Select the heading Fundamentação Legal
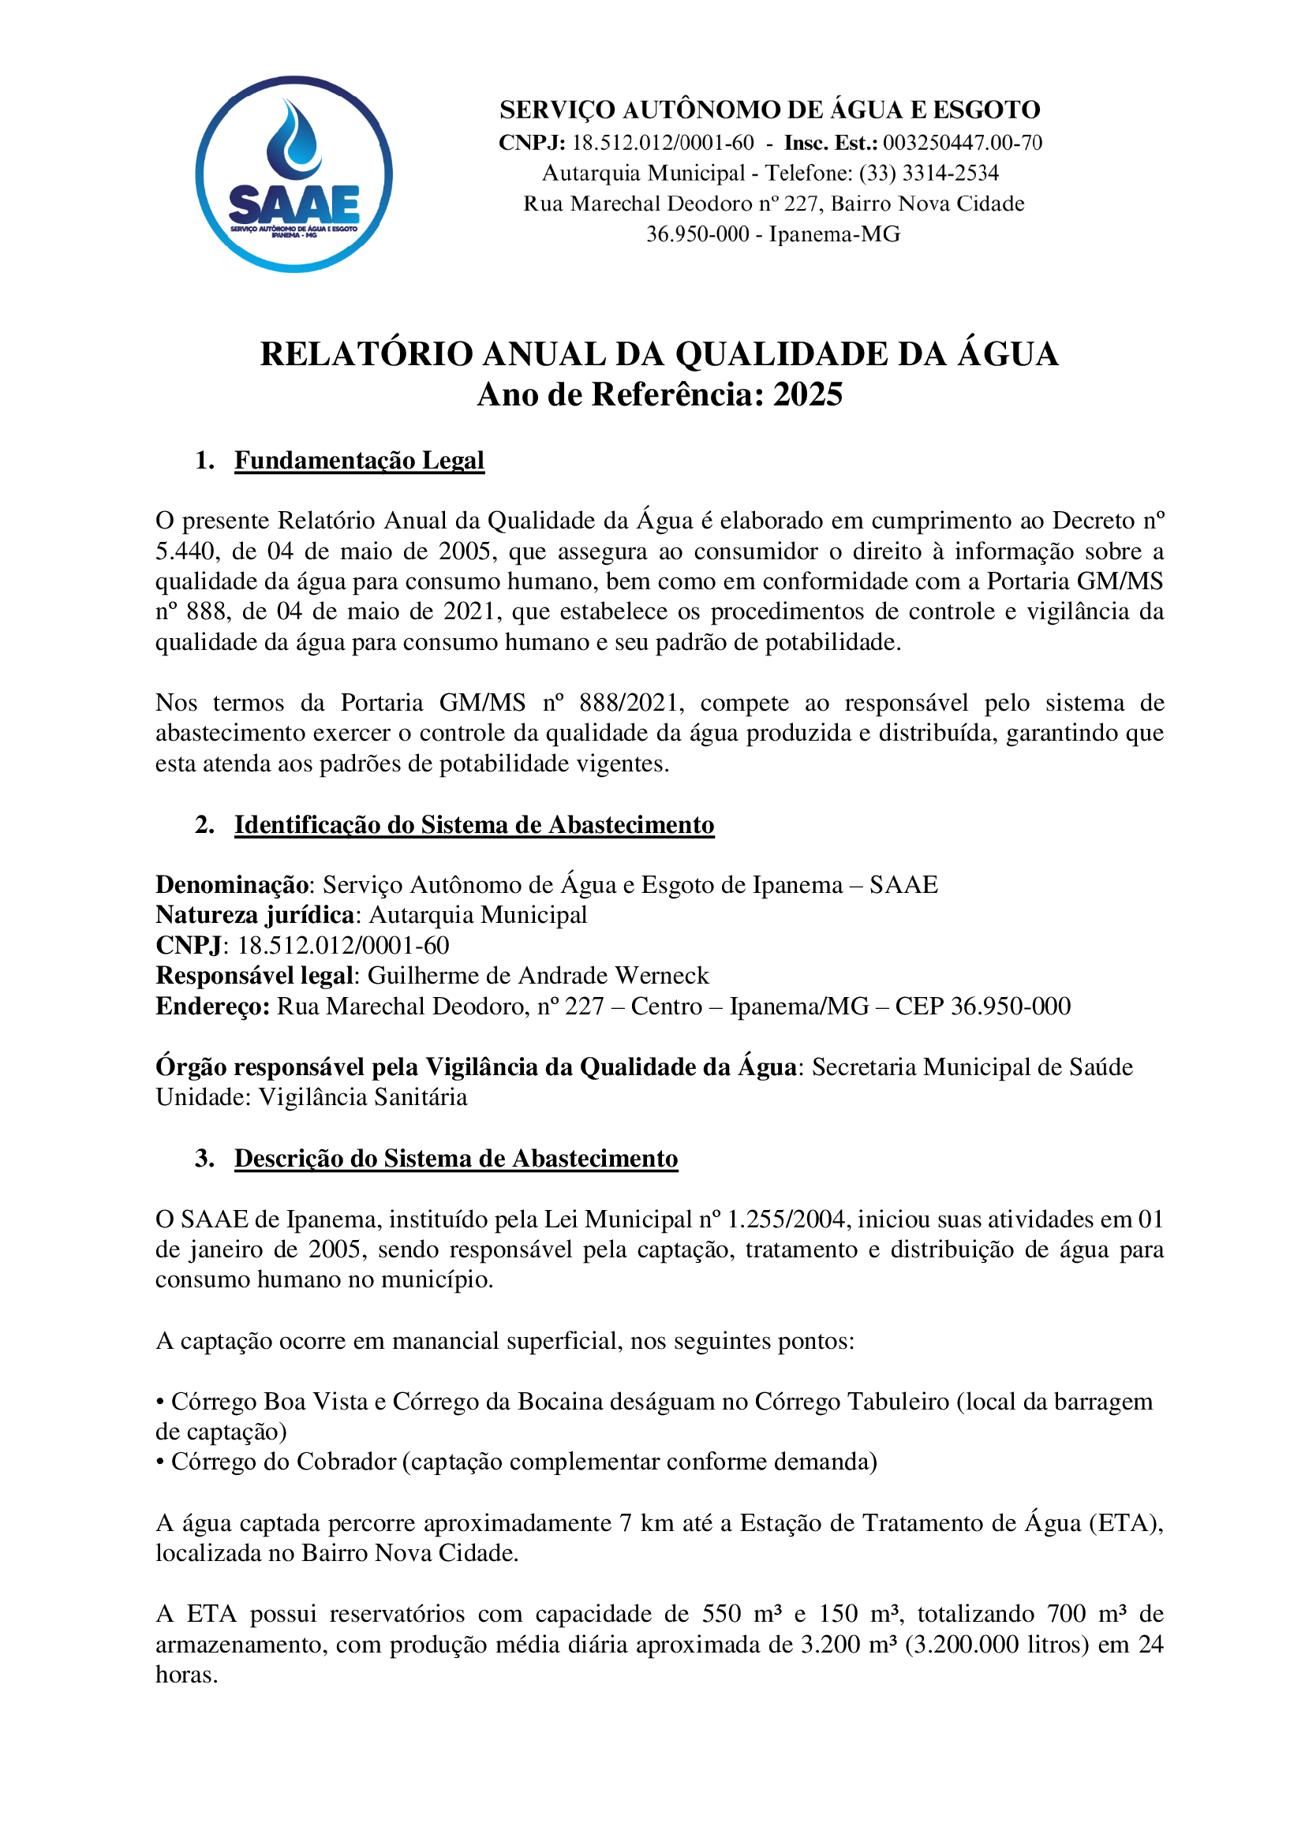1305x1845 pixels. [x=359, y=461]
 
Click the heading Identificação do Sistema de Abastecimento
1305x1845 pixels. [x=474, y=825]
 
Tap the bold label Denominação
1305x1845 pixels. [x=232, y=885]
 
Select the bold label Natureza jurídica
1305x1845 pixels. [x=255, y=915]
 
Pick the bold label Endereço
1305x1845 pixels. [x=212, y=1006]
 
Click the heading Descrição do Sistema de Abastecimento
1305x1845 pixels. [x=455, y=1159]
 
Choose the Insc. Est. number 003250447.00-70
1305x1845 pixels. [x=962, y=143]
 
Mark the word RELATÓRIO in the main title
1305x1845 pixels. [x=366, y=354]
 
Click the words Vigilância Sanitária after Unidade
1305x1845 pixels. [x=362, y=1097]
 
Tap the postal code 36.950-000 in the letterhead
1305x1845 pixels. [x=697, y=233]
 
